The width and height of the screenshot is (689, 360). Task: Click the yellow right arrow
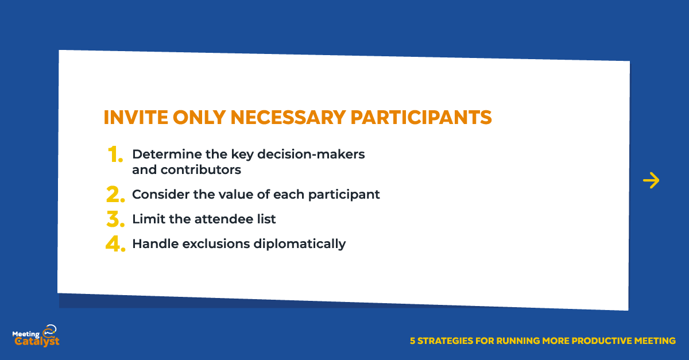(651, 180)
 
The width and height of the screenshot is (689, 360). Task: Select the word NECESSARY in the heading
(288, 117)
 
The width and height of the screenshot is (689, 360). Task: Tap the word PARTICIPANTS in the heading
(421, 117)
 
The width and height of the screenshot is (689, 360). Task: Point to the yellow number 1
(115, 154)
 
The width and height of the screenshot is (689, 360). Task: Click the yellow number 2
(115, 194)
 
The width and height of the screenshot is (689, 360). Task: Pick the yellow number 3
(115, 219)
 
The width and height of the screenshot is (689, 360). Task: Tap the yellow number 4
(115, 243)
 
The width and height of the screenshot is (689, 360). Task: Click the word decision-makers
(311, 154)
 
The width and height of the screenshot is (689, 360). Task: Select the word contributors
(201, 169)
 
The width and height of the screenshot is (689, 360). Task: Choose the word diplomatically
(300, 244)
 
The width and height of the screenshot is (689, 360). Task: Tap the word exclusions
(216, 243)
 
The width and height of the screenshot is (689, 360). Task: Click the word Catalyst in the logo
(37, 342)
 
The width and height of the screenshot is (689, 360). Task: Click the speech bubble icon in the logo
(50, 330)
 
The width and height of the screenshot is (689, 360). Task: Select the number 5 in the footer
(412, 341)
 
